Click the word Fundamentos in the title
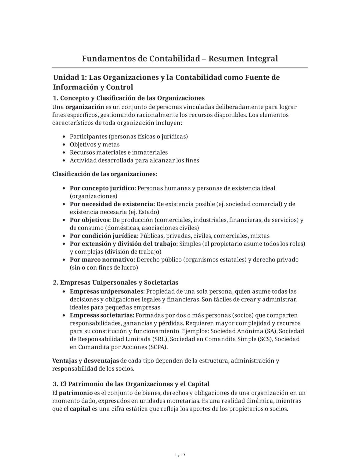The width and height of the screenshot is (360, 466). point(108,59)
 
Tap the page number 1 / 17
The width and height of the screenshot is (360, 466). point(180,455)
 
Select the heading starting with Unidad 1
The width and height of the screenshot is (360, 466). point(166,82)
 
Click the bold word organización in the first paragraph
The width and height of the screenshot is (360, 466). point(85,107)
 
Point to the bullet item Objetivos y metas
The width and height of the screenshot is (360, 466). point(94,144)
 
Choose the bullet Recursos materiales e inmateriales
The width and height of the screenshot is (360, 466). point(118,152)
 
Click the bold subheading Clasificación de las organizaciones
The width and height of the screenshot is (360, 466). point(104,174)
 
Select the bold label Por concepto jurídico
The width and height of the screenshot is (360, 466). point(103,188)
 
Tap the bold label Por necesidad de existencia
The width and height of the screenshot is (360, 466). point(112,204)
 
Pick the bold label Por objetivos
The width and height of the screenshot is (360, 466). point(90,220)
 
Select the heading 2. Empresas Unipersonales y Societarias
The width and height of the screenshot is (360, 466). point(116,283)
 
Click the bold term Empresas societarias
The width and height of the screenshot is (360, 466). point(102,316)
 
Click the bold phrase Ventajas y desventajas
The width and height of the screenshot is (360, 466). point(85,361)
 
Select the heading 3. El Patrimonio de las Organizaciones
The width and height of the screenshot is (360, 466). point(131,384)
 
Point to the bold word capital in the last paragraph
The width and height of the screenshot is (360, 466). point(80,409)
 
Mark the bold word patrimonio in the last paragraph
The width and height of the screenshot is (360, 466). point(76,393)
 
